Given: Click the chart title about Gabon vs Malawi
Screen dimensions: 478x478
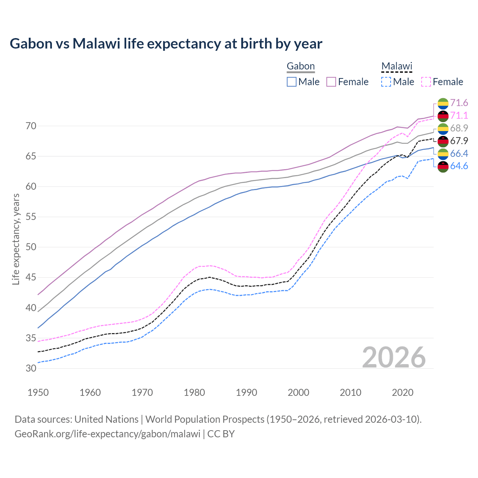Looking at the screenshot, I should click(x=166, y=44).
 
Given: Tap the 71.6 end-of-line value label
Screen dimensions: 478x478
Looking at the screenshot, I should click(x=459, y=103).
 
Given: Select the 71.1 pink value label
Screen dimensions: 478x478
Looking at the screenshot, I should click(x=459, y=115).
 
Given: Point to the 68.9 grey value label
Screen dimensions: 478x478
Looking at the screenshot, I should click(x=459, y=128).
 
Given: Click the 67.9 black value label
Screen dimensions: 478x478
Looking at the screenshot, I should click(x=459, y=141).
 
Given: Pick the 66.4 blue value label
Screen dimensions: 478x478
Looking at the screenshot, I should click(x=459, y=153).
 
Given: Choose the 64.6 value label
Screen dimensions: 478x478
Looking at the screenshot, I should click(x=459, y=166).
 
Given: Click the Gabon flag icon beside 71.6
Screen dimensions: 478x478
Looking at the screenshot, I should click(x=443, y=103).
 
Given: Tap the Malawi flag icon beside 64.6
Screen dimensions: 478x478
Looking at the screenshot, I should click(x=443, y=167).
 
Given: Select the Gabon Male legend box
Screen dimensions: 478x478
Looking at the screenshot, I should click(x=292, y=82).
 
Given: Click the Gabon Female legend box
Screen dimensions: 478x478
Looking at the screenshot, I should click(x=331, y=82).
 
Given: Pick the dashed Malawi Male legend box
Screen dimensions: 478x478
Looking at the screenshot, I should click(x=386, y=82).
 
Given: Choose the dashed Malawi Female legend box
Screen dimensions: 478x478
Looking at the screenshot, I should click(x=426, y=82).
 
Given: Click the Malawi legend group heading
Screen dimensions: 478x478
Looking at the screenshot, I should click(x=397, y=66).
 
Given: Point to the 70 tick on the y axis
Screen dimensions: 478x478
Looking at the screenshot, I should click(x=31, y=126).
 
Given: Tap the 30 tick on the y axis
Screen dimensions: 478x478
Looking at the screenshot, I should click(x=31, y=368).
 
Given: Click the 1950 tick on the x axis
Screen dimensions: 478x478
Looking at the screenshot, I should click(x=38, y=392).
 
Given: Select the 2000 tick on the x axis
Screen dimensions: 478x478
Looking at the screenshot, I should click(x=298, y=392).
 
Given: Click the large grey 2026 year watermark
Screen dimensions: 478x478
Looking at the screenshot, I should click(x=394, y=357).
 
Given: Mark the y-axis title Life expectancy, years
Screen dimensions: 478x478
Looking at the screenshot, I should click(x=16, y=239).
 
